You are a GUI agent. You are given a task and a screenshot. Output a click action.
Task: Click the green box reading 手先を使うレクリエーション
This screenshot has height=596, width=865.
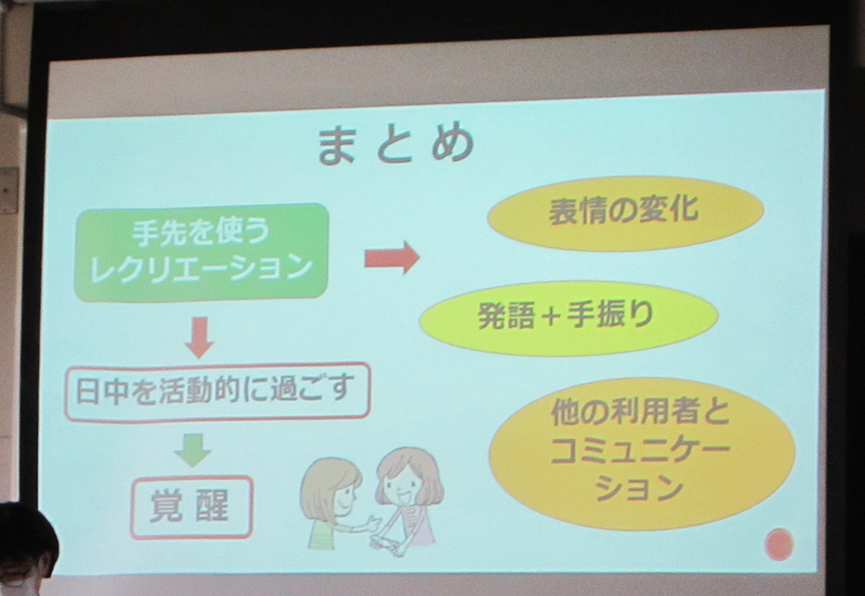click(x=202, y=253)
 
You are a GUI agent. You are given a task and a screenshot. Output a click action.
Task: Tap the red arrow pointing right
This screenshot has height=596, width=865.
click(x=392, y=257)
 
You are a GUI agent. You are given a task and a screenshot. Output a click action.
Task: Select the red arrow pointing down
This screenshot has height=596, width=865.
click(x=199, y=337)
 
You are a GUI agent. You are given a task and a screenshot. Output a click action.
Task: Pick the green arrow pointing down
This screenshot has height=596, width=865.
click(x=193, y=450)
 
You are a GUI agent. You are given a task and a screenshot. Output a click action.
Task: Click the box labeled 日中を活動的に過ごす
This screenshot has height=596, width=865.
click(x=217, y=391)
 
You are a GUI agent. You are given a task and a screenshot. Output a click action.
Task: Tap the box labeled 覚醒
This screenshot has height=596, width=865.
click(x=191, y=507)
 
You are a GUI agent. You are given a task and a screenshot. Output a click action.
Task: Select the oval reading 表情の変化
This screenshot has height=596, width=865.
click(x=625, y=213)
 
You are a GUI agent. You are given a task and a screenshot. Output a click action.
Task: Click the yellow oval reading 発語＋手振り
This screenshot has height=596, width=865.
click(x=569, y=317)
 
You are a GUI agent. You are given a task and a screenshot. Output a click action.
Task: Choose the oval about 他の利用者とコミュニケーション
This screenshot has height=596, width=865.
click(x=642, y=452)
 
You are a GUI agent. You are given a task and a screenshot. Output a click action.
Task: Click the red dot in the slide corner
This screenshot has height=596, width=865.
click(x=779, y=544)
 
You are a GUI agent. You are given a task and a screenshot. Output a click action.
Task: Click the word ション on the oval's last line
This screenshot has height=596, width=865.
click(x=640, y=489)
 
